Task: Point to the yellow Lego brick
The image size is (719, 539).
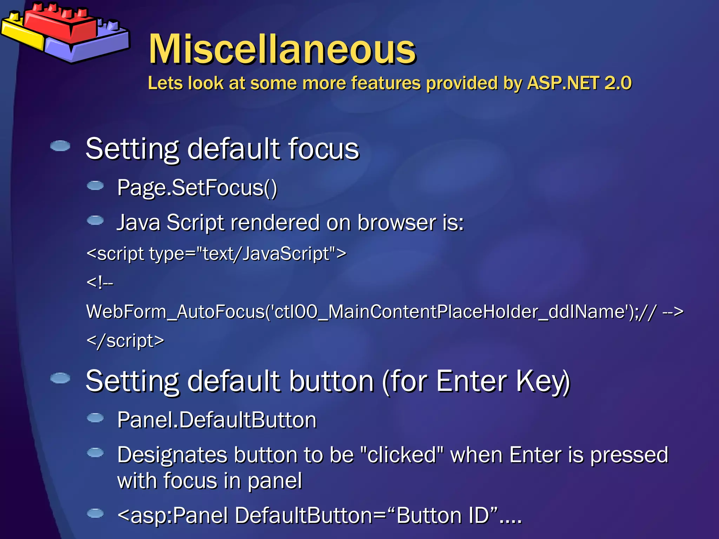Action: [21, 33]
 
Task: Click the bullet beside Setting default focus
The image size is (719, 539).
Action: [60, 146]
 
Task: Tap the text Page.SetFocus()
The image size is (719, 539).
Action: [197, 188]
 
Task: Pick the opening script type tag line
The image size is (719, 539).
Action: [216, 253]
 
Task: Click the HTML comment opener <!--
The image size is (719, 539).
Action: [100, 282]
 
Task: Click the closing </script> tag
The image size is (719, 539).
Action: [125, 341]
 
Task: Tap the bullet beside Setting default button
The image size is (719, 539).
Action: [60, 378]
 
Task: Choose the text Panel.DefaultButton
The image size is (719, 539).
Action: [217, 420]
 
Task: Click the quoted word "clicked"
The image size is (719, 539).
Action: [402, 455]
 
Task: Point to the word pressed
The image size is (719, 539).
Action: [629, 455]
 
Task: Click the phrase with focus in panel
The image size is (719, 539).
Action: [209, 481]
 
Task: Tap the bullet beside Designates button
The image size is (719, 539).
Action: [95, 453]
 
